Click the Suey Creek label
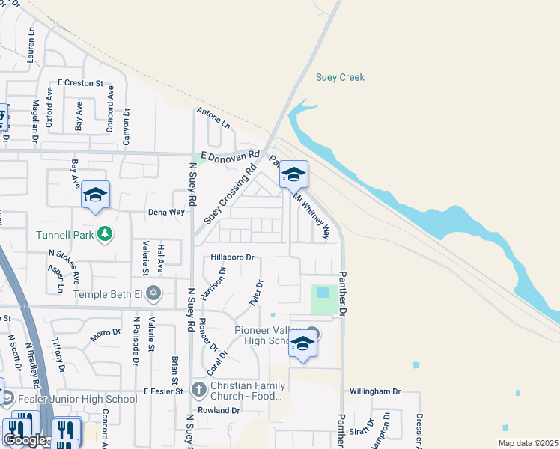340,77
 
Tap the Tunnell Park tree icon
106,233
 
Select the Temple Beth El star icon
153,293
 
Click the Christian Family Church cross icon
198,388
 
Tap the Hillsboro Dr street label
233,257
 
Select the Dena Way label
165,212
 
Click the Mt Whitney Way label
311,217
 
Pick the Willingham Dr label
376,391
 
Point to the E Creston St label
79,83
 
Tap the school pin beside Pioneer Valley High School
302,344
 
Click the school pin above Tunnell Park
95,195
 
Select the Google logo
25,440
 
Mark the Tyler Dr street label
255,293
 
